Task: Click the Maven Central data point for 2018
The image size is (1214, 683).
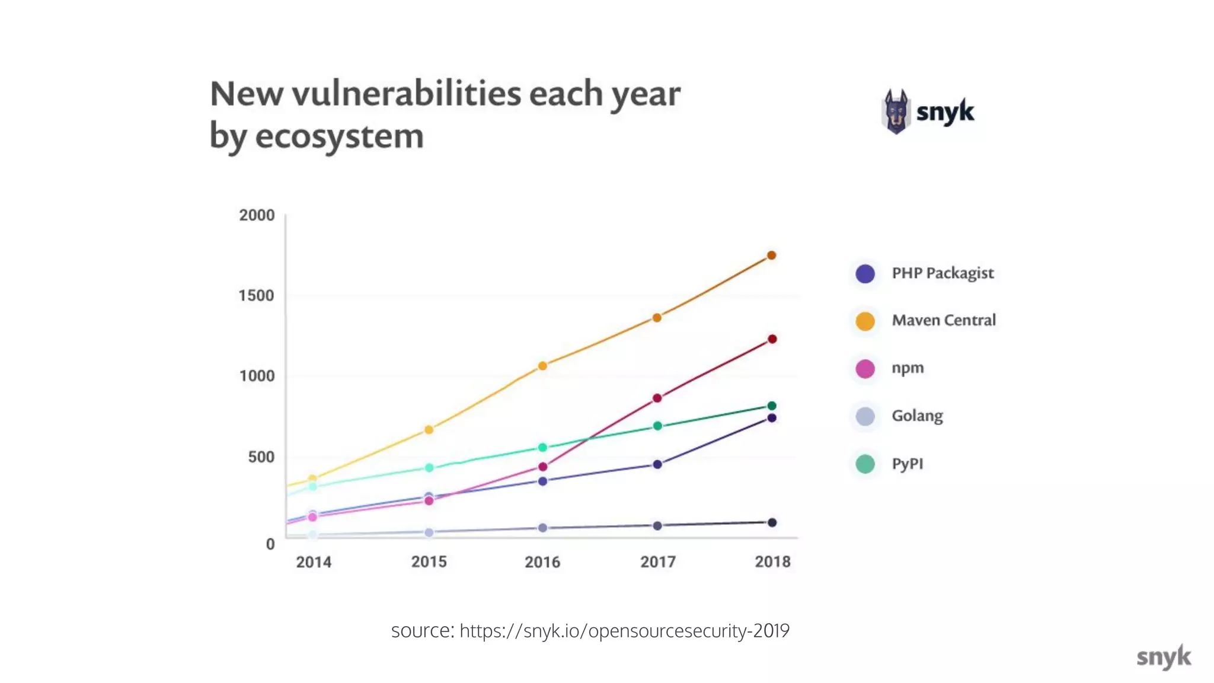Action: coord(771,256)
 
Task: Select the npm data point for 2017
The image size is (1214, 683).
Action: coord(657,398)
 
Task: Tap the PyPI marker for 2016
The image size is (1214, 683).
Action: coord(542,448)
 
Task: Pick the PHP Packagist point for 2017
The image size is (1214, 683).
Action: coord(657,464)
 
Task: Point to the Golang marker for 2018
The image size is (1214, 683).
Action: coord(772,522)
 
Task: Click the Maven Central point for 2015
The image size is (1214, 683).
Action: coord(429,430)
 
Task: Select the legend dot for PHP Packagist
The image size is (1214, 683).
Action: coord(865,273)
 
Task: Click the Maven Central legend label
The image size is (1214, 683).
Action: coord(943,320)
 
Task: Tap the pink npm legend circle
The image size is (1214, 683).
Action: coord(865,369)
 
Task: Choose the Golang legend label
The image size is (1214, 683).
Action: coord(917,416)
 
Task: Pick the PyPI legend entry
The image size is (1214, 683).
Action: coord(907,464)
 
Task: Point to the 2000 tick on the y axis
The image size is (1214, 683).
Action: coord(257,215)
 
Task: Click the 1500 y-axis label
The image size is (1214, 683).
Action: coord(256,295)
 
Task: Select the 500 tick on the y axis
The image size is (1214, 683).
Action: coord(261,457)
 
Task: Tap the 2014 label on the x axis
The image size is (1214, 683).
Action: coord(314,562)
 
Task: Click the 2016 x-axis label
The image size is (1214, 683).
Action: coord(542,562)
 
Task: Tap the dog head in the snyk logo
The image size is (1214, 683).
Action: coord(896,111)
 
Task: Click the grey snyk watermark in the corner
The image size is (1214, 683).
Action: coord(1163,657)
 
